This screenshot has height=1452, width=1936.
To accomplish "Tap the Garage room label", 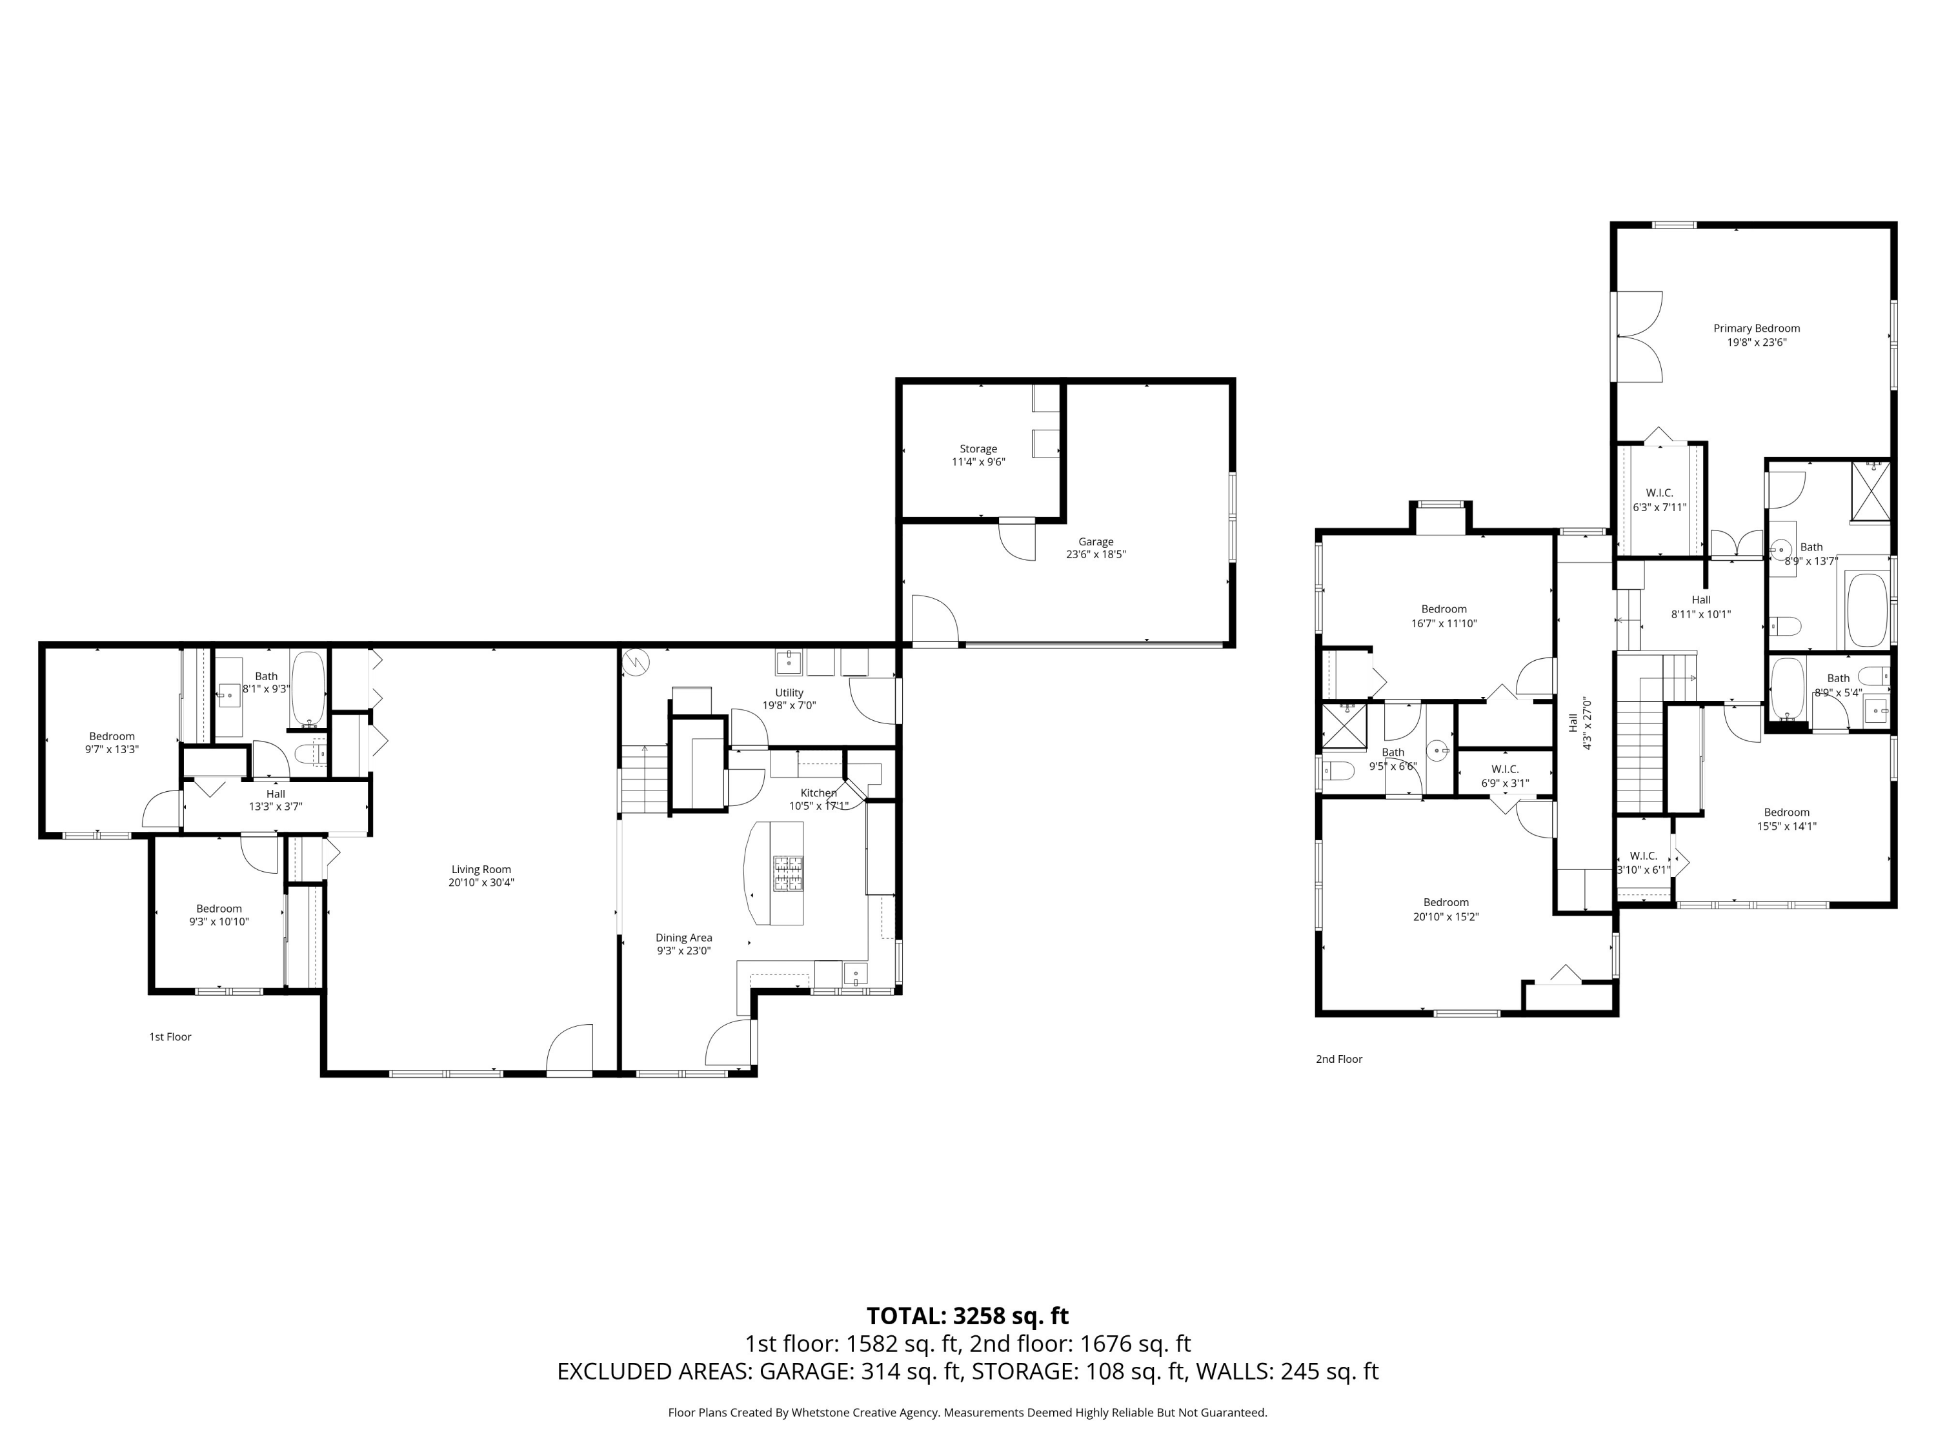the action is click(x=1096, y=548).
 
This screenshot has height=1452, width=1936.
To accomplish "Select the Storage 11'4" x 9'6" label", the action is click(x=978, y=455).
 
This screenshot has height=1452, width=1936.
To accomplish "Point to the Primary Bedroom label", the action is click(x=1757, y=335).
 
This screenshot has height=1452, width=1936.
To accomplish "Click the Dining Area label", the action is click(x=685, y=943).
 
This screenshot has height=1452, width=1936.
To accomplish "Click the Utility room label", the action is click(x=789, y=698).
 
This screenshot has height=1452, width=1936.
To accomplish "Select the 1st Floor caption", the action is click(x=170, y=1037).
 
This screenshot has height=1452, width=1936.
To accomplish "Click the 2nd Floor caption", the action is click(x=1339, y=1059).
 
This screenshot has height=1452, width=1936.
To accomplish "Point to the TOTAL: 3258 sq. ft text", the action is click(x=968, y=1315).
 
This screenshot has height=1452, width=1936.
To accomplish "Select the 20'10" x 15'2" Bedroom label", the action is click(x=1446, y=909).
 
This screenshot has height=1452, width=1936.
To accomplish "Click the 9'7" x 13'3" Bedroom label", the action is click(x=112, y=742).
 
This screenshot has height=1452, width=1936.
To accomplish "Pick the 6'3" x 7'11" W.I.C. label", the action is click(x=1659, y=499).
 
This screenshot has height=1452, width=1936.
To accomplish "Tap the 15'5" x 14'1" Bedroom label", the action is click(x=1787, y=818).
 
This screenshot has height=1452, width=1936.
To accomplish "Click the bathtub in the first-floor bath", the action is click(x=307, y=688).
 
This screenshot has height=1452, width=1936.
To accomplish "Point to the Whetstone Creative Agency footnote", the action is click(x=968, y=1412).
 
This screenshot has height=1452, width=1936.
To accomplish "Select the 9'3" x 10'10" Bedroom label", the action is click(x=219, y=914).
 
